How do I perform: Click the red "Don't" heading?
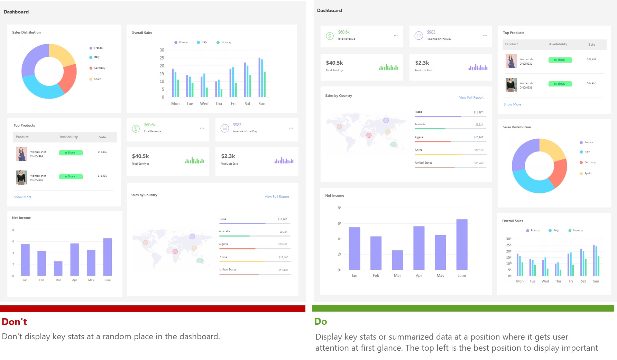[x=14, y=322]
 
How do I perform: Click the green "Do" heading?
[x=321, y=322]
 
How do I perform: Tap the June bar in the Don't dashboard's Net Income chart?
[x=108, y=257]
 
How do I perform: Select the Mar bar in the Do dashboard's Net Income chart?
[x=397, y=260]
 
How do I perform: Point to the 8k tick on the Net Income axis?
[x=339, y=208]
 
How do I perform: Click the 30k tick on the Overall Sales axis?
[x=508, y=239]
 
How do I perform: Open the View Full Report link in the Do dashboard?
[x=471, y=98]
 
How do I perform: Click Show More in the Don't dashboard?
[x=22, y=197]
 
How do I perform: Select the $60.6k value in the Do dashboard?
[x=344, y=32]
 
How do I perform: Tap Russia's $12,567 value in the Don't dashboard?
[x=282, y=220]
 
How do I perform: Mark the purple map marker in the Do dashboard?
[x=386, y=120]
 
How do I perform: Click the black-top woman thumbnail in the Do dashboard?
[x=511, y=85]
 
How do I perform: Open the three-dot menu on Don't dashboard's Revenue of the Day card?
[x=291, y=128]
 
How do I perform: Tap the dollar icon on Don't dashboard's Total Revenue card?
[x=136, y=129]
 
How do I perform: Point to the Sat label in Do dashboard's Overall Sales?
[x=583, y=281]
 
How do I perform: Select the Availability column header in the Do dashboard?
[x=558, y=44]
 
